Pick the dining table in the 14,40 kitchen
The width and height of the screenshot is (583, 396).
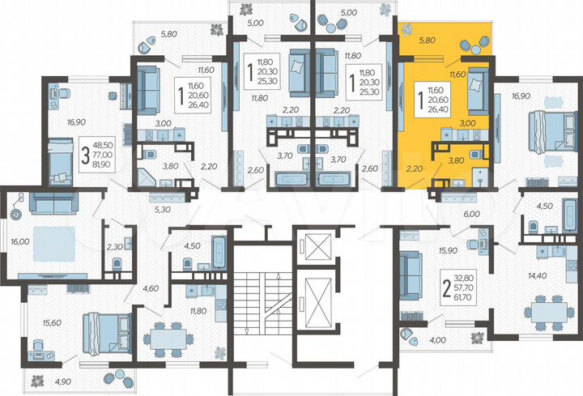542,309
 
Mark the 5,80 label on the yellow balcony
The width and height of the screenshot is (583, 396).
428,40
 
